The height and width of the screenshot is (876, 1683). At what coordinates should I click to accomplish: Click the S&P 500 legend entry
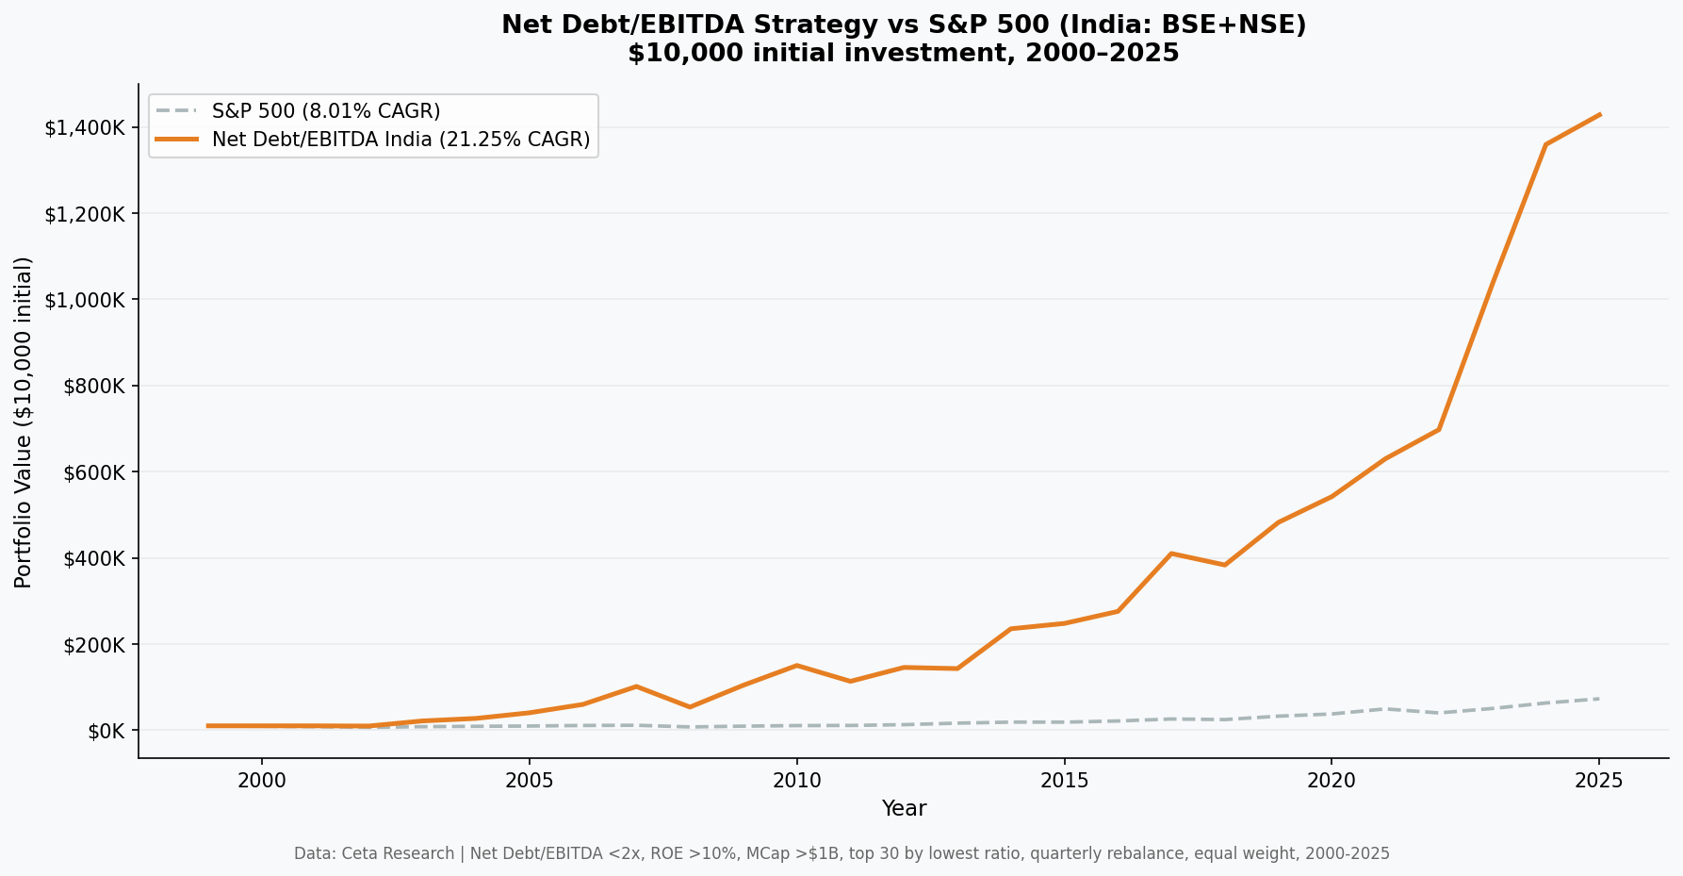[x=325, y=111]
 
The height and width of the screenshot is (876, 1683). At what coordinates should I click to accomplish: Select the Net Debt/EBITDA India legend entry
[x=400, y=140]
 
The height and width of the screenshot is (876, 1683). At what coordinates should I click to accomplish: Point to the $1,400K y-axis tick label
[x=85, y=127]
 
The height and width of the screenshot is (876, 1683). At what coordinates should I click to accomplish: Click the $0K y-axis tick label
[x=106, y=731]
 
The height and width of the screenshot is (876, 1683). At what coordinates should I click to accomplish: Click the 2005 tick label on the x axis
[x=529, y=781]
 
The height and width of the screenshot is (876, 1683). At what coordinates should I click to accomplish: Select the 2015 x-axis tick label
[x=1064, y=781]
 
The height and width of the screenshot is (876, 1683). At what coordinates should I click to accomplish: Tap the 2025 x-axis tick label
[x=1598, y=781]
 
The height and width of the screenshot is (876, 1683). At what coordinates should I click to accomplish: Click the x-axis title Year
[x=904, y=809]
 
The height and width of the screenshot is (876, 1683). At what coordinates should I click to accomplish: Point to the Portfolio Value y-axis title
[x=24, y=421]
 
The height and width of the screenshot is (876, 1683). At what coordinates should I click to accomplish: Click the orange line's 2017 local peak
[x=1170, y=554]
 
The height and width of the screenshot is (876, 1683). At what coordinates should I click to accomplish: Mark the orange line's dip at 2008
[x=690, y=707]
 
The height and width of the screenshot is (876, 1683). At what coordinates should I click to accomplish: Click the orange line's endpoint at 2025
[x=1599, y=115]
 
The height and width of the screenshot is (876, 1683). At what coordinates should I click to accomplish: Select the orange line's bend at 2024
[x=1545, y=144]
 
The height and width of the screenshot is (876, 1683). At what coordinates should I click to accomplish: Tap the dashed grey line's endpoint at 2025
[x=1599, y=699]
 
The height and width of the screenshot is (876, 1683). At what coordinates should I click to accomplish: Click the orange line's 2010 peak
[x=796, y=666]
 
